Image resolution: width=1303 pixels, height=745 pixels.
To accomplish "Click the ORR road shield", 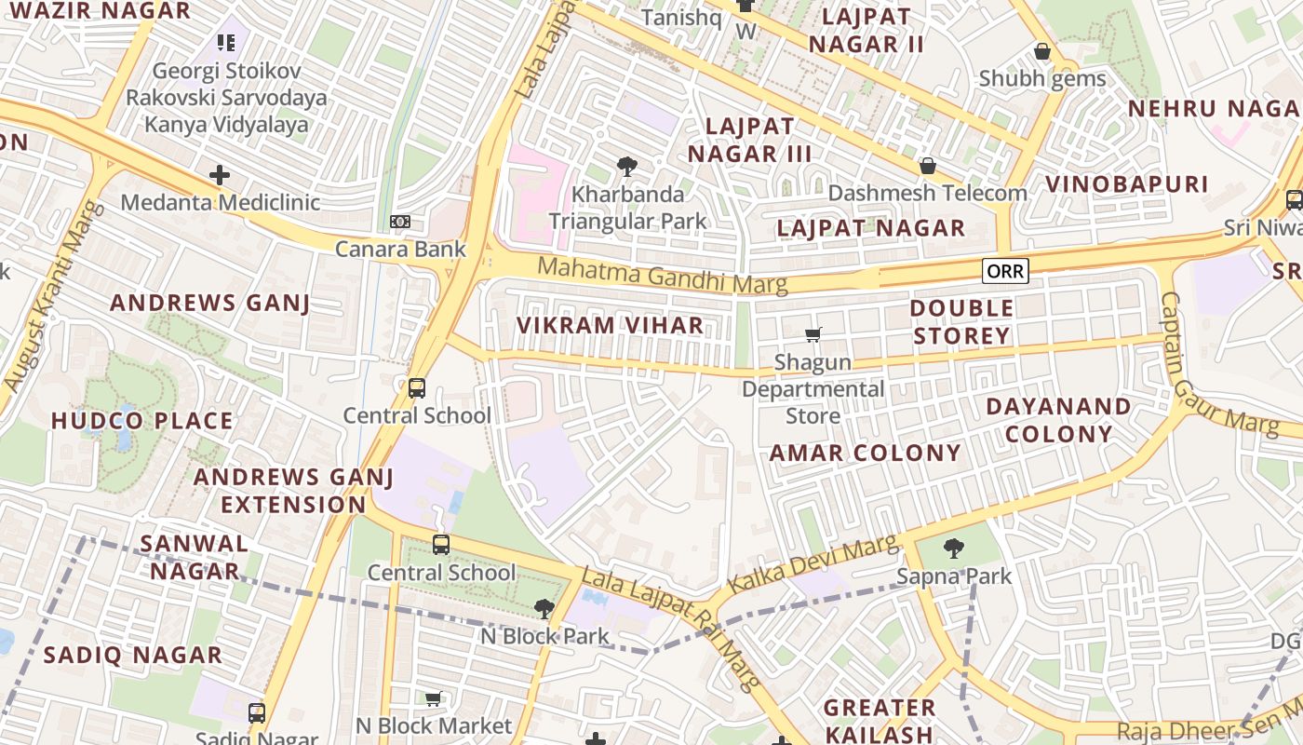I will click(x=1005, y=271).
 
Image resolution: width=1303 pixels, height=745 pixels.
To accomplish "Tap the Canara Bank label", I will click(x=400, y=250).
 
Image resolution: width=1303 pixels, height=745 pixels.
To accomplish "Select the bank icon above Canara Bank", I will click(x=400, y=221).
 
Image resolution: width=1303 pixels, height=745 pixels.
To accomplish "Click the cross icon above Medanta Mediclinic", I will click(x=220, y=174).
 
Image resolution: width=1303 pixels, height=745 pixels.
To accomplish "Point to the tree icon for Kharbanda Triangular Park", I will click(x=627, y=168).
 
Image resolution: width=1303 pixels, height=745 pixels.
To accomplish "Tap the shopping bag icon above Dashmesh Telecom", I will click(x=927, y=166).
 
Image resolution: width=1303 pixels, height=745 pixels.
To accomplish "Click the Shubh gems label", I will click(x=1042, y=79).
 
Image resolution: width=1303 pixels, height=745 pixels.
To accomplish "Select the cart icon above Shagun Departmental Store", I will click(x=813, y=334).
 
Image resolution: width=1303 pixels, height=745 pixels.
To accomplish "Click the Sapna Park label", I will click(x=954, y=576).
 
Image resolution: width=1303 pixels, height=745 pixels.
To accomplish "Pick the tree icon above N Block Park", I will click(x=544, y=609).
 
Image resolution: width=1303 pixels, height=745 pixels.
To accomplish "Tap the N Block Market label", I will click(x=434, y=725).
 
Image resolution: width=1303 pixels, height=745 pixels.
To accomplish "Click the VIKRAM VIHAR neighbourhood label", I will click(x=610, y=325).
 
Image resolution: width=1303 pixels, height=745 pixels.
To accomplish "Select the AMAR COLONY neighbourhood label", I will click(x=865, y=454).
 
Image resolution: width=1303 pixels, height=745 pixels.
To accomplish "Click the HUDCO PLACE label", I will click(x=142, y=421).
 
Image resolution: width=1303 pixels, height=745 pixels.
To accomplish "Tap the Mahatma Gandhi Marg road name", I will click(x=663, y=276).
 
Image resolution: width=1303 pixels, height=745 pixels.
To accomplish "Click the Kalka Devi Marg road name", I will click(x=813, y=565).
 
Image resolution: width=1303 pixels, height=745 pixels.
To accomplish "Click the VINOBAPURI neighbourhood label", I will click(x=1126, y=183).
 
